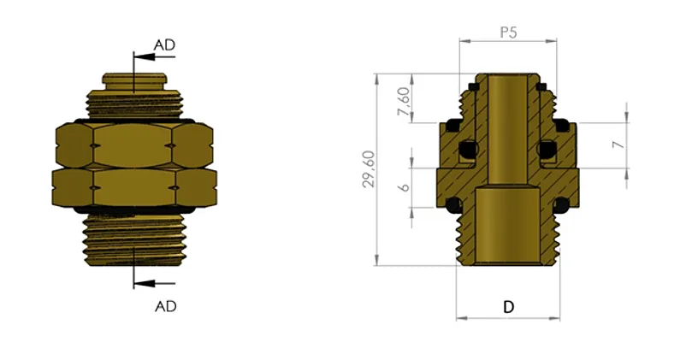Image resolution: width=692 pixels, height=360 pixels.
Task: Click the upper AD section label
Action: [x=164, y=45]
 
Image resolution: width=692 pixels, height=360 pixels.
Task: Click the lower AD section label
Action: [x=165, y=306]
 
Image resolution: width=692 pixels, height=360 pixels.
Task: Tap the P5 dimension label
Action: [x=508, y=32]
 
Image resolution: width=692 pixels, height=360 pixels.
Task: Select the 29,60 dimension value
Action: [x=369, y=169]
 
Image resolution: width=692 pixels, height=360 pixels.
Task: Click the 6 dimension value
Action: [x=404, y=187]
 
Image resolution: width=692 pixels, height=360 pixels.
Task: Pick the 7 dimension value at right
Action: [x=620, y=144]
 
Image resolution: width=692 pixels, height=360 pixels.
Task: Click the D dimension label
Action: [x=508, y=307]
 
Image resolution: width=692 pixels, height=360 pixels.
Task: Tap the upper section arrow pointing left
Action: [x=155, y=57]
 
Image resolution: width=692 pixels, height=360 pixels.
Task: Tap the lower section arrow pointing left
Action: [x=155, y=283]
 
